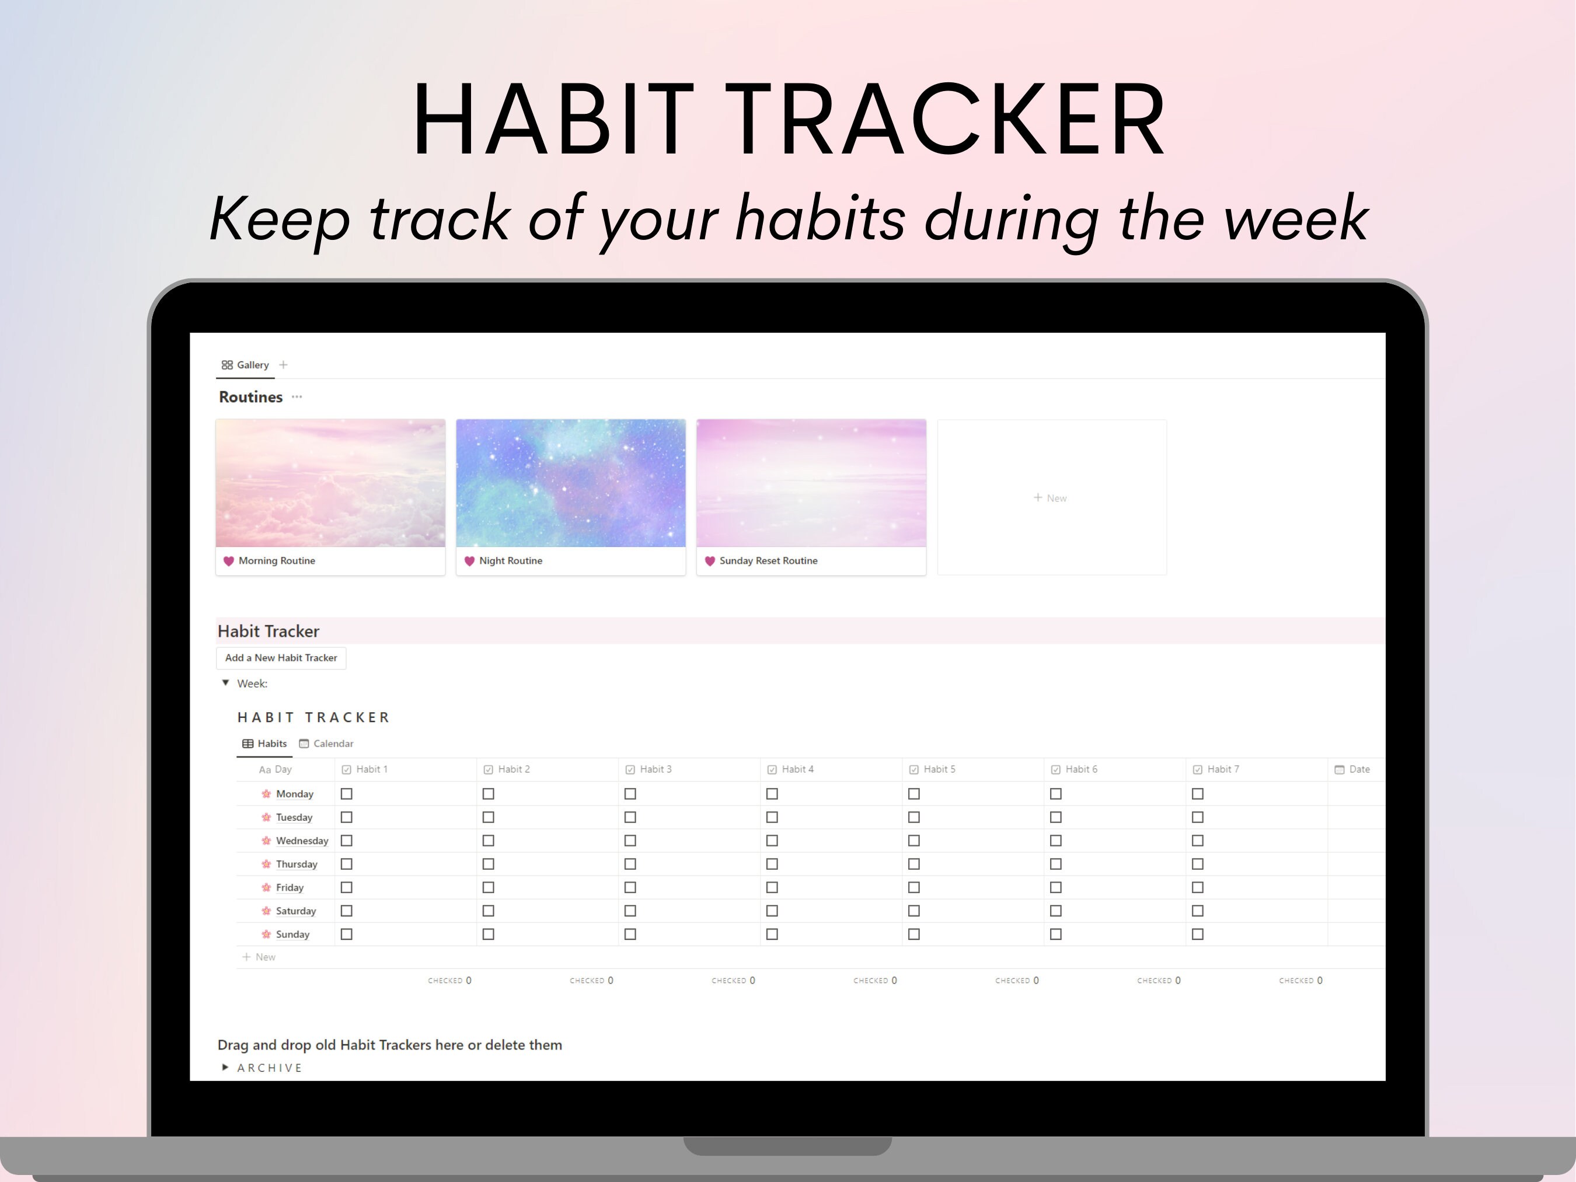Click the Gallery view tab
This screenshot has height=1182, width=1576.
[x=245, y=365]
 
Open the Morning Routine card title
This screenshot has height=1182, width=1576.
[x=277, y=561]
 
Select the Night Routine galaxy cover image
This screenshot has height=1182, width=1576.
[x=571, y=483]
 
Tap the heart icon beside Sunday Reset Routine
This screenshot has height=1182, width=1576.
[x=710, y=561]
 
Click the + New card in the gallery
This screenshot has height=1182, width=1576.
[x=1050, y=498]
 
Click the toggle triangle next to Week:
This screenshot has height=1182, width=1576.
[x=226, y=682]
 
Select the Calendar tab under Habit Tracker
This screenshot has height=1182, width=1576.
[x=326, y=743]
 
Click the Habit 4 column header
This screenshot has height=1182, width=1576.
[x=797, y=769]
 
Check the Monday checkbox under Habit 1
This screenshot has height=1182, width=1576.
[x=347, y=794]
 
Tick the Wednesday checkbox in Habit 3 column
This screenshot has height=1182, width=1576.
[x=630, y=841]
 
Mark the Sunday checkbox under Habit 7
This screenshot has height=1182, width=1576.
[x=1198, y=934]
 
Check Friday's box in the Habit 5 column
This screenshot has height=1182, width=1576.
[x=914, y=888]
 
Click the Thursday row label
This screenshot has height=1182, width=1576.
[x=297, y=864]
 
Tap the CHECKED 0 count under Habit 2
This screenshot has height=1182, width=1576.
[x=591, y=981]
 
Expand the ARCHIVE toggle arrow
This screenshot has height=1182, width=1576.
[x=225, y=1067]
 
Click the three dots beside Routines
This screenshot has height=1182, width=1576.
[x=297, y=397]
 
